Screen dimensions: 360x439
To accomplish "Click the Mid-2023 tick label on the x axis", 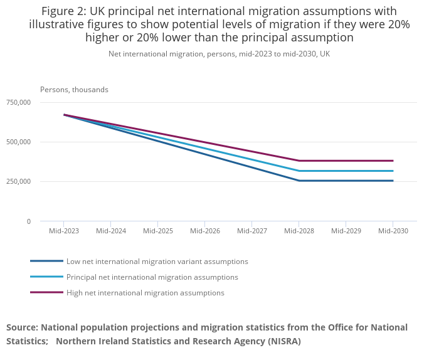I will pyautogui.click(x=63, y=231).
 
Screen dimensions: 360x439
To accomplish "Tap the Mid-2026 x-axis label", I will pyautogui.click(x=204, y=231).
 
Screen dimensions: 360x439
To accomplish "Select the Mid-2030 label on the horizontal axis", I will pyautogui.click(x=393, y=231).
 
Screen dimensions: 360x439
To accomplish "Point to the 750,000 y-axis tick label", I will pyautogui.click(x=18, y=102).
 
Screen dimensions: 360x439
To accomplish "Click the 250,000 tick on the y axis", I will pyautogui.click(x=18, y=181).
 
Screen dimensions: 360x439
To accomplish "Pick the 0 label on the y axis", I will pyautogui.click(x=28, y=221).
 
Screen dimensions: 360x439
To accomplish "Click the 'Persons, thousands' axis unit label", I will pyautogui.click(x=74, y=90).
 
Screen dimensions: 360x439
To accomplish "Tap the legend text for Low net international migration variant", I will pyautogui.click(x=157, y=262).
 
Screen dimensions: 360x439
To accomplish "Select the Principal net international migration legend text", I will pyautogui.click(x=152, y=277).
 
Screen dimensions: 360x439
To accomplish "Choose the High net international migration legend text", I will pyautogui.click(x=145, y=293).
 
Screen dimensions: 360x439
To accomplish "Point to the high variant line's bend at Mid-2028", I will pyautogui.click(x=299, y=161).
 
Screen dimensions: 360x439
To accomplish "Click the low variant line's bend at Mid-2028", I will pyautogui.click(x=299, y=181).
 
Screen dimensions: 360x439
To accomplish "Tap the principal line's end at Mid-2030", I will pyautogui.click(x=393, y=171).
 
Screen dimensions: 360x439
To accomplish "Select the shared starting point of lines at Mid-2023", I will pyautogui.click(x=64, y=115).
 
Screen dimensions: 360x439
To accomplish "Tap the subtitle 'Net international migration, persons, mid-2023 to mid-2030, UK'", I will pyautogui.click(x=219, y=54).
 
